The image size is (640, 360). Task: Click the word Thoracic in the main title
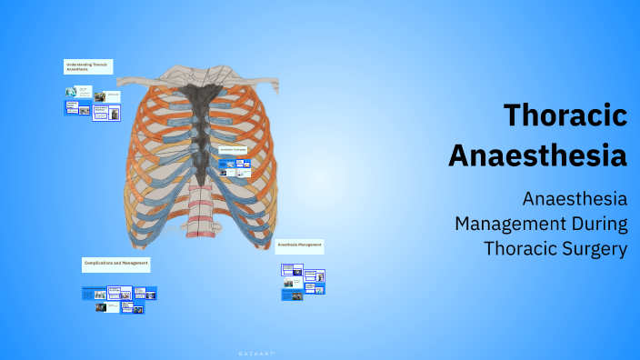(565, 115)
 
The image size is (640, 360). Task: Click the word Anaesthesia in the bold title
(537, 155)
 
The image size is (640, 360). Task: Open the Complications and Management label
(116, 264)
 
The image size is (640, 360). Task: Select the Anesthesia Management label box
(299, 246)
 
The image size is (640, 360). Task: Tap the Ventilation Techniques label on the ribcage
(234, 149)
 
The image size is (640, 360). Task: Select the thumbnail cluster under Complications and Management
(119, 299)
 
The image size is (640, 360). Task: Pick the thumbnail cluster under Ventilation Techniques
(235, 167)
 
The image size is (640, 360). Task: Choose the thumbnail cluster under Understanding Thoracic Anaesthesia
(92, 103)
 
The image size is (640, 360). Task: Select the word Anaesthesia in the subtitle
(575, 198)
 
